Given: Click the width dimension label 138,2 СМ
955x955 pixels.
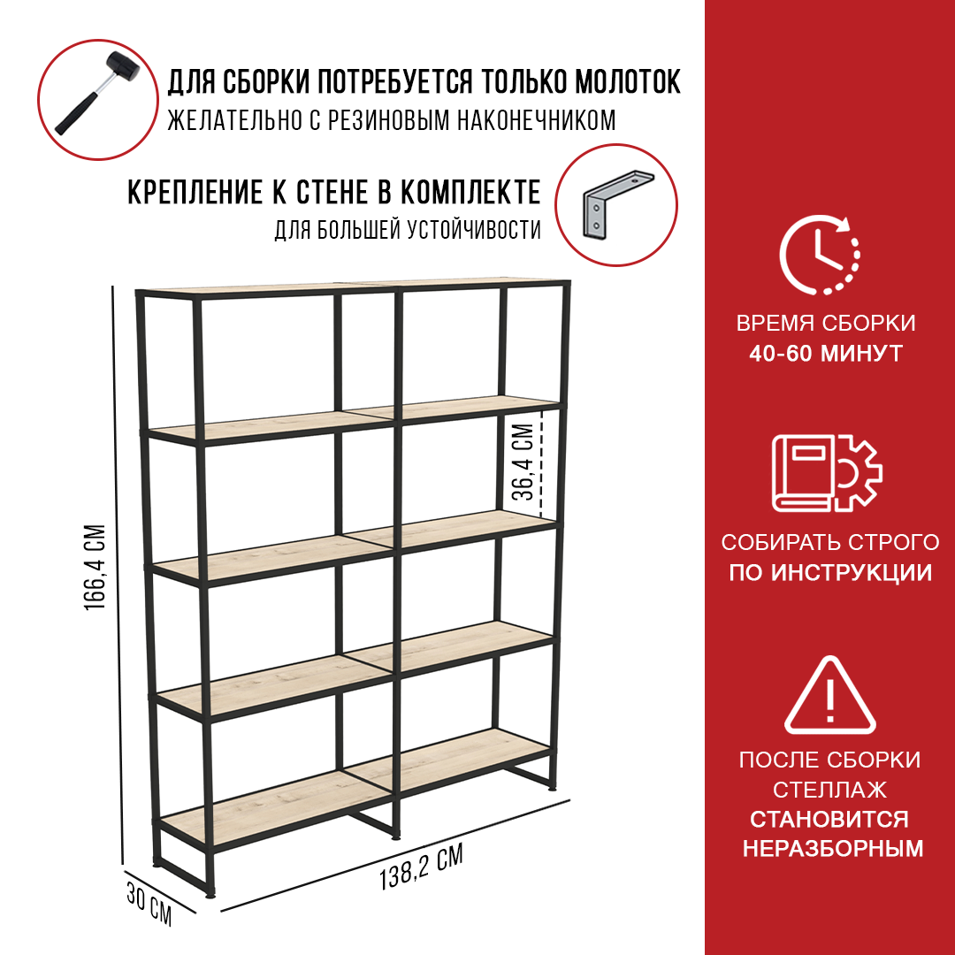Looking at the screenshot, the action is coord(421,867).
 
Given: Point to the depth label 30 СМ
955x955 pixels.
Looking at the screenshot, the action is coord(149,904).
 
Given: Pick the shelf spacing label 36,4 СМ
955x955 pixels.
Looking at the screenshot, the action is coord(523,462).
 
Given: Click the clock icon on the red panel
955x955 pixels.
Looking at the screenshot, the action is coord(819,255).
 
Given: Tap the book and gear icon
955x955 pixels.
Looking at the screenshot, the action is coord(827,472).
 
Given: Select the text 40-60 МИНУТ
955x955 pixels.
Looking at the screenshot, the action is coord(826,354).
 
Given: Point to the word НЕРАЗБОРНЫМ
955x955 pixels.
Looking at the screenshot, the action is coord(833,848).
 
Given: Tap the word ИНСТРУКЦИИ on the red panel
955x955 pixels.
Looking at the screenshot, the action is coord(851,572).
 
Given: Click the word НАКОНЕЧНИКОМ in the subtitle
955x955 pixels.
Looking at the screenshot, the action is coord(536,120).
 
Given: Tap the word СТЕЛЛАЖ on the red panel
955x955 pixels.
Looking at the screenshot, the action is coord(829,790).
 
